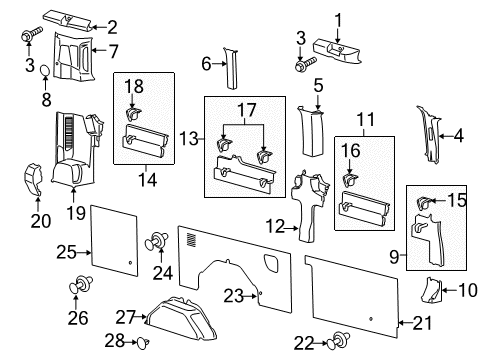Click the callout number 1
(x=337, y=17)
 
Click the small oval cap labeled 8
(x=46, y=70)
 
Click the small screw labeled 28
(x=143, y=342)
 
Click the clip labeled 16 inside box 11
(x=352, y=180)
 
